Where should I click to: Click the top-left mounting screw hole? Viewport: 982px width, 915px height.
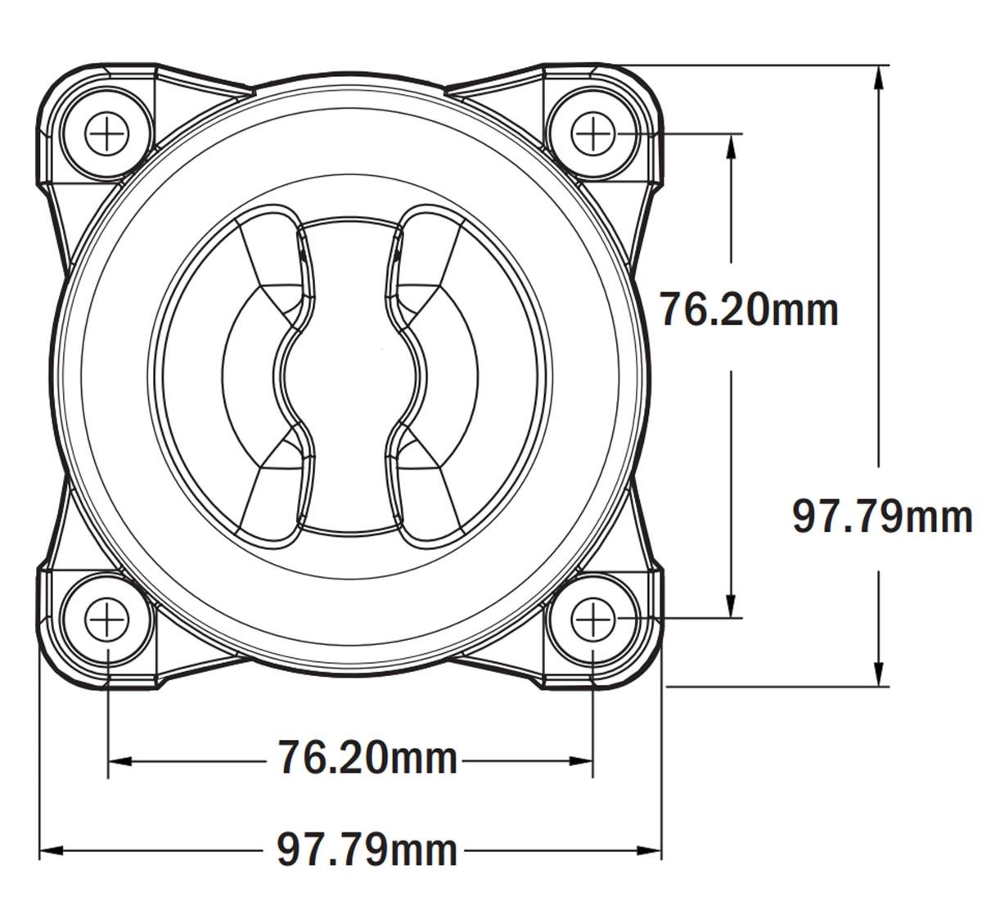tap(107, 133)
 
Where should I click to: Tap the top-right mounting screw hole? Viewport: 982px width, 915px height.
tap(592, 133)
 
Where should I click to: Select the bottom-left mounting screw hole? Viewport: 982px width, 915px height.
tap(107, 619)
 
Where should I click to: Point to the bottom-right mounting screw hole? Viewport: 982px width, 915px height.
tap(592, 619)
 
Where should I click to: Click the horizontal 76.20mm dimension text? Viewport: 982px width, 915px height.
tap(367, 757)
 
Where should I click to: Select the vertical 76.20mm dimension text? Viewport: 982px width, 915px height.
tap(749, 310)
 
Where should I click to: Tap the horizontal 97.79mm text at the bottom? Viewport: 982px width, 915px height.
tap(367, 850)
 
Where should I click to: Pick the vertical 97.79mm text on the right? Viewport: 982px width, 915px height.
tap(882, 517)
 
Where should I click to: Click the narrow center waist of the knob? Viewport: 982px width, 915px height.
tap(349, 377)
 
